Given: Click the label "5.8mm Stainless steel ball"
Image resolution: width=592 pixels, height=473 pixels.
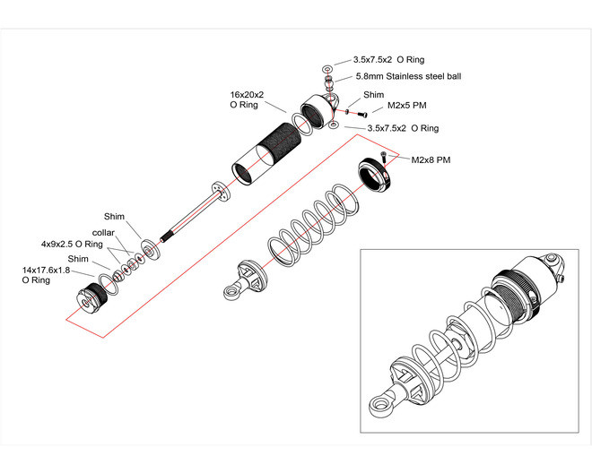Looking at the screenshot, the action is click(x=408, y=76).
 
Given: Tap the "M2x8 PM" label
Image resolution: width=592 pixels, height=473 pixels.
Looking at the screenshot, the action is click(x=431, y=160).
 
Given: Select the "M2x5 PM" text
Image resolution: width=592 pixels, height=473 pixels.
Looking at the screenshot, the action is click(x=407, y=106).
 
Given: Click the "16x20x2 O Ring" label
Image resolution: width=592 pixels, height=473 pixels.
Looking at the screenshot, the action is click(x=247, y=99).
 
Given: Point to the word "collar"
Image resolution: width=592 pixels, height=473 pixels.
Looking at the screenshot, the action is click(x=103, y=233).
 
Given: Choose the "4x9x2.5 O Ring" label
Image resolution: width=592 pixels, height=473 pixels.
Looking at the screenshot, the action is click(x=72, y=244).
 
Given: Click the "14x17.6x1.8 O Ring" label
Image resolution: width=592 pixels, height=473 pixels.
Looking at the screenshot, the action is click(x=46, y=275).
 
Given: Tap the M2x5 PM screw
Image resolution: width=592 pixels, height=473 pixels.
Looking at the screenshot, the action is click(x=362, y=114).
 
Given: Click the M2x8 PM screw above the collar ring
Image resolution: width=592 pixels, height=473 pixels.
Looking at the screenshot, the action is click(x=384, y=157).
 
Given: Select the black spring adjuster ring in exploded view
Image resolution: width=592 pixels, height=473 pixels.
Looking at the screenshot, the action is click(x=375, y=175).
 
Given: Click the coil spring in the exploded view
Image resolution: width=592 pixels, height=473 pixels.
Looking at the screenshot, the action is click(x=313, y=225).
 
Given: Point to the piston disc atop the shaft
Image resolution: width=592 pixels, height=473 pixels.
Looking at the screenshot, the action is click(x=222, y=191).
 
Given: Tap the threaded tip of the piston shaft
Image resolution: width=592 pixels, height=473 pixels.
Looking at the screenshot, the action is click(x=166, y=237).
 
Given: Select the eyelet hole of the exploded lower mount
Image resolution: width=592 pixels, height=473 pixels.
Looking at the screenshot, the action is click(x=230, y=291).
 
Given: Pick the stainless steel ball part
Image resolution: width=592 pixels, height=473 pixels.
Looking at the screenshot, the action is click(x=329, y=79).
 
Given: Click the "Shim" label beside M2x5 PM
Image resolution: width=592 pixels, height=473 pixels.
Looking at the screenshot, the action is click(x=373, y=95).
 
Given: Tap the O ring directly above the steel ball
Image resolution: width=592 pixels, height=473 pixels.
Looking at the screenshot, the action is click(x=327, y=69).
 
